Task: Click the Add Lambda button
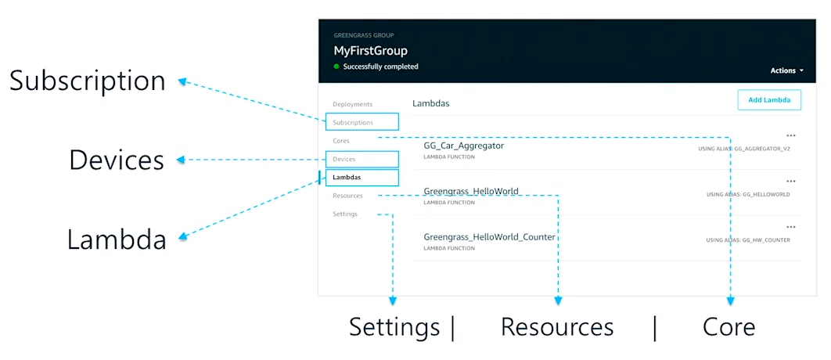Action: tap(769, 100)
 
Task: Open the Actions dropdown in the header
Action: tap(786, 70)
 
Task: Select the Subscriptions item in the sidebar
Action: tap(353, 122)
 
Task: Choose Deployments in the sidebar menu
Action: tap(352, 104)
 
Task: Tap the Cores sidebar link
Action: tap(341, 141)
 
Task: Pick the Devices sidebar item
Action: tap(344, 160)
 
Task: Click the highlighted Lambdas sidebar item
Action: tap(347, 178)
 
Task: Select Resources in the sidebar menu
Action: tap(347, 196)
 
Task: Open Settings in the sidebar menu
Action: tap(345, 214)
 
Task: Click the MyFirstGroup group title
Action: tap(370, 51)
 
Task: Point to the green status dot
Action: tap(336, 67)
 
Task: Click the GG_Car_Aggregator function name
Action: tap(463, 146)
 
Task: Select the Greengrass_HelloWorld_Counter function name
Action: tap(489, 237)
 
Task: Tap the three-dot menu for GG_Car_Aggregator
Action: tap(790, 135)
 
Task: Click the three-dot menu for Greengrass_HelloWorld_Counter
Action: tap(790, 227)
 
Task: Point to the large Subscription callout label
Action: tap(88, 81)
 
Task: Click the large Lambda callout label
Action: tap(117, 239)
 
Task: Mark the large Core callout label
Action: tap(728, 326)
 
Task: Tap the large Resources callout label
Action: tap(557, 326)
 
